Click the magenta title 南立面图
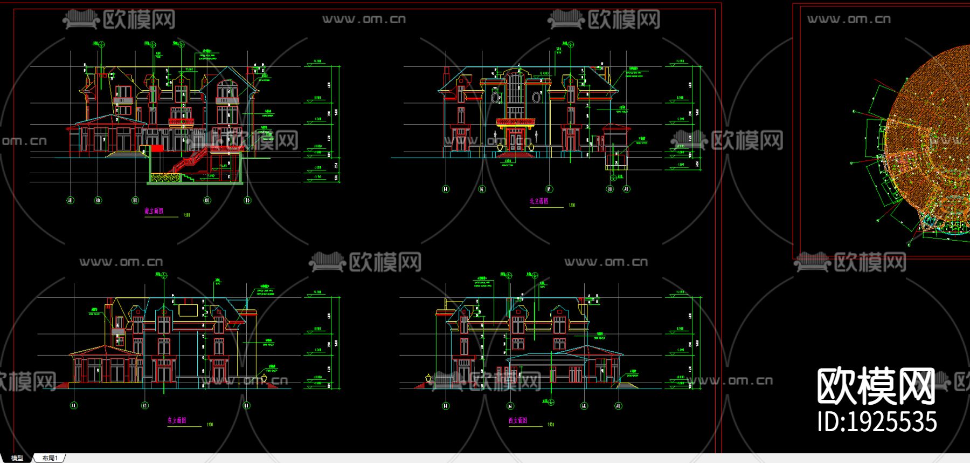coord(154,212)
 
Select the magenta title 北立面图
coord(539,201)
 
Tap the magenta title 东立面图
coord(177,420)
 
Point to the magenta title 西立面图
coord(518,420)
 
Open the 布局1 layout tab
coord(50,458)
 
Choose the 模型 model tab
coord(17,458)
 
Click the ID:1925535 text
coord(877,422)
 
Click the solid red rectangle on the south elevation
coord(157,148)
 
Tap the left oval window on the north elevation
coord(494,98)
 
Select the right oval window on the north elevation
coord(537,98)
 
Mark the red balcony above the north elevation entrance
coord(515,122)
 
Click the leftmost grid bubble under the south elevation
coord(70,200)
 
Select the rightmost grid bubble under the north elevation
coord(626,189)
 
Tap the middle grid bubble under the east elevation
coord(145,405)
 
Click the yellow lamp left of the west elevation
coord(429,378)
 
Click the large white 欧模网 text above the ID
coord(876,386)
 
